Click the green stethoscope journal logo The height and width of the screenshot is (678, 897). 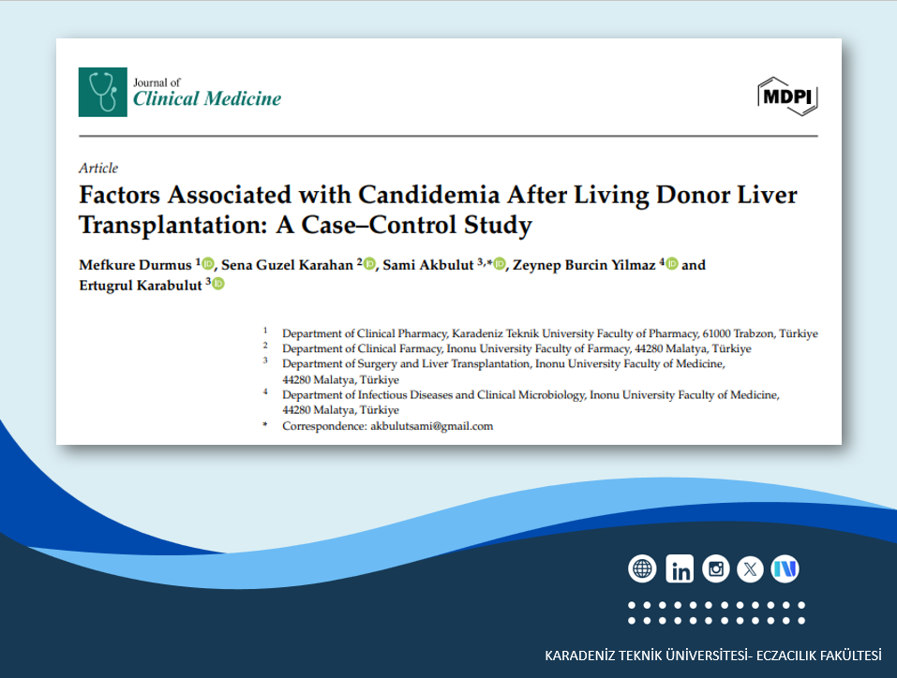click(103, 92)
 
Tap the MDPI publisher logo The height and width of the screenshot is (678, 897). click(787, 96)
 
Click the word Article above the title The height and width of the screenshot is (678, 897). click(98, 168)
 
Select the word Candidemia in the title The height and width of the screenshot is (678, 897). click(429, 195)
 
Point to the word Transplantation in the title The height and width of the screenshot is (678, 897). click(173, 226)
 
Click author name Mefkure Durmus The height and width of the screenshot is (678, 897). click(136, 265)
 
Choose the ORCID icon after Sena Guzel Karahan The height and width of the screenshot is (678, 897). click(369, 264)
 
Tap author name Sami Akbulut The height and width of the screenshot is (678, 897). click(428, 265)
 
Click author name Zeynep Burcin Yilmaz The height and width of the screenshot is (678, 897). click(584, 265)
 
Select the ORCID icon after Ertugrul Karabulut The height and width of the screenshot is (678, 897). click(218, 284)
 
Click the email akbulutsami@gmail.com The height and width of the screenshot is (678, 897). click(432, 426)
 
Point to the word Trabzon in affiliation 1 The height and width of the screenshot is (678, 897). click(754, 333)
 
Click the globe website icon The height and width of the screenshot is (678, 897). click(642, 568)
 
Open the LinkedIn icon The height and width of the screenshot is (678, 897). click(680, 568)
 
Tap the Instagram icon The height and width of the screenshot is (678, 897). click(716, 568)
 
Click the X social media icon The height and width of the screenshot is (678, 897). click(750, 568)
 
